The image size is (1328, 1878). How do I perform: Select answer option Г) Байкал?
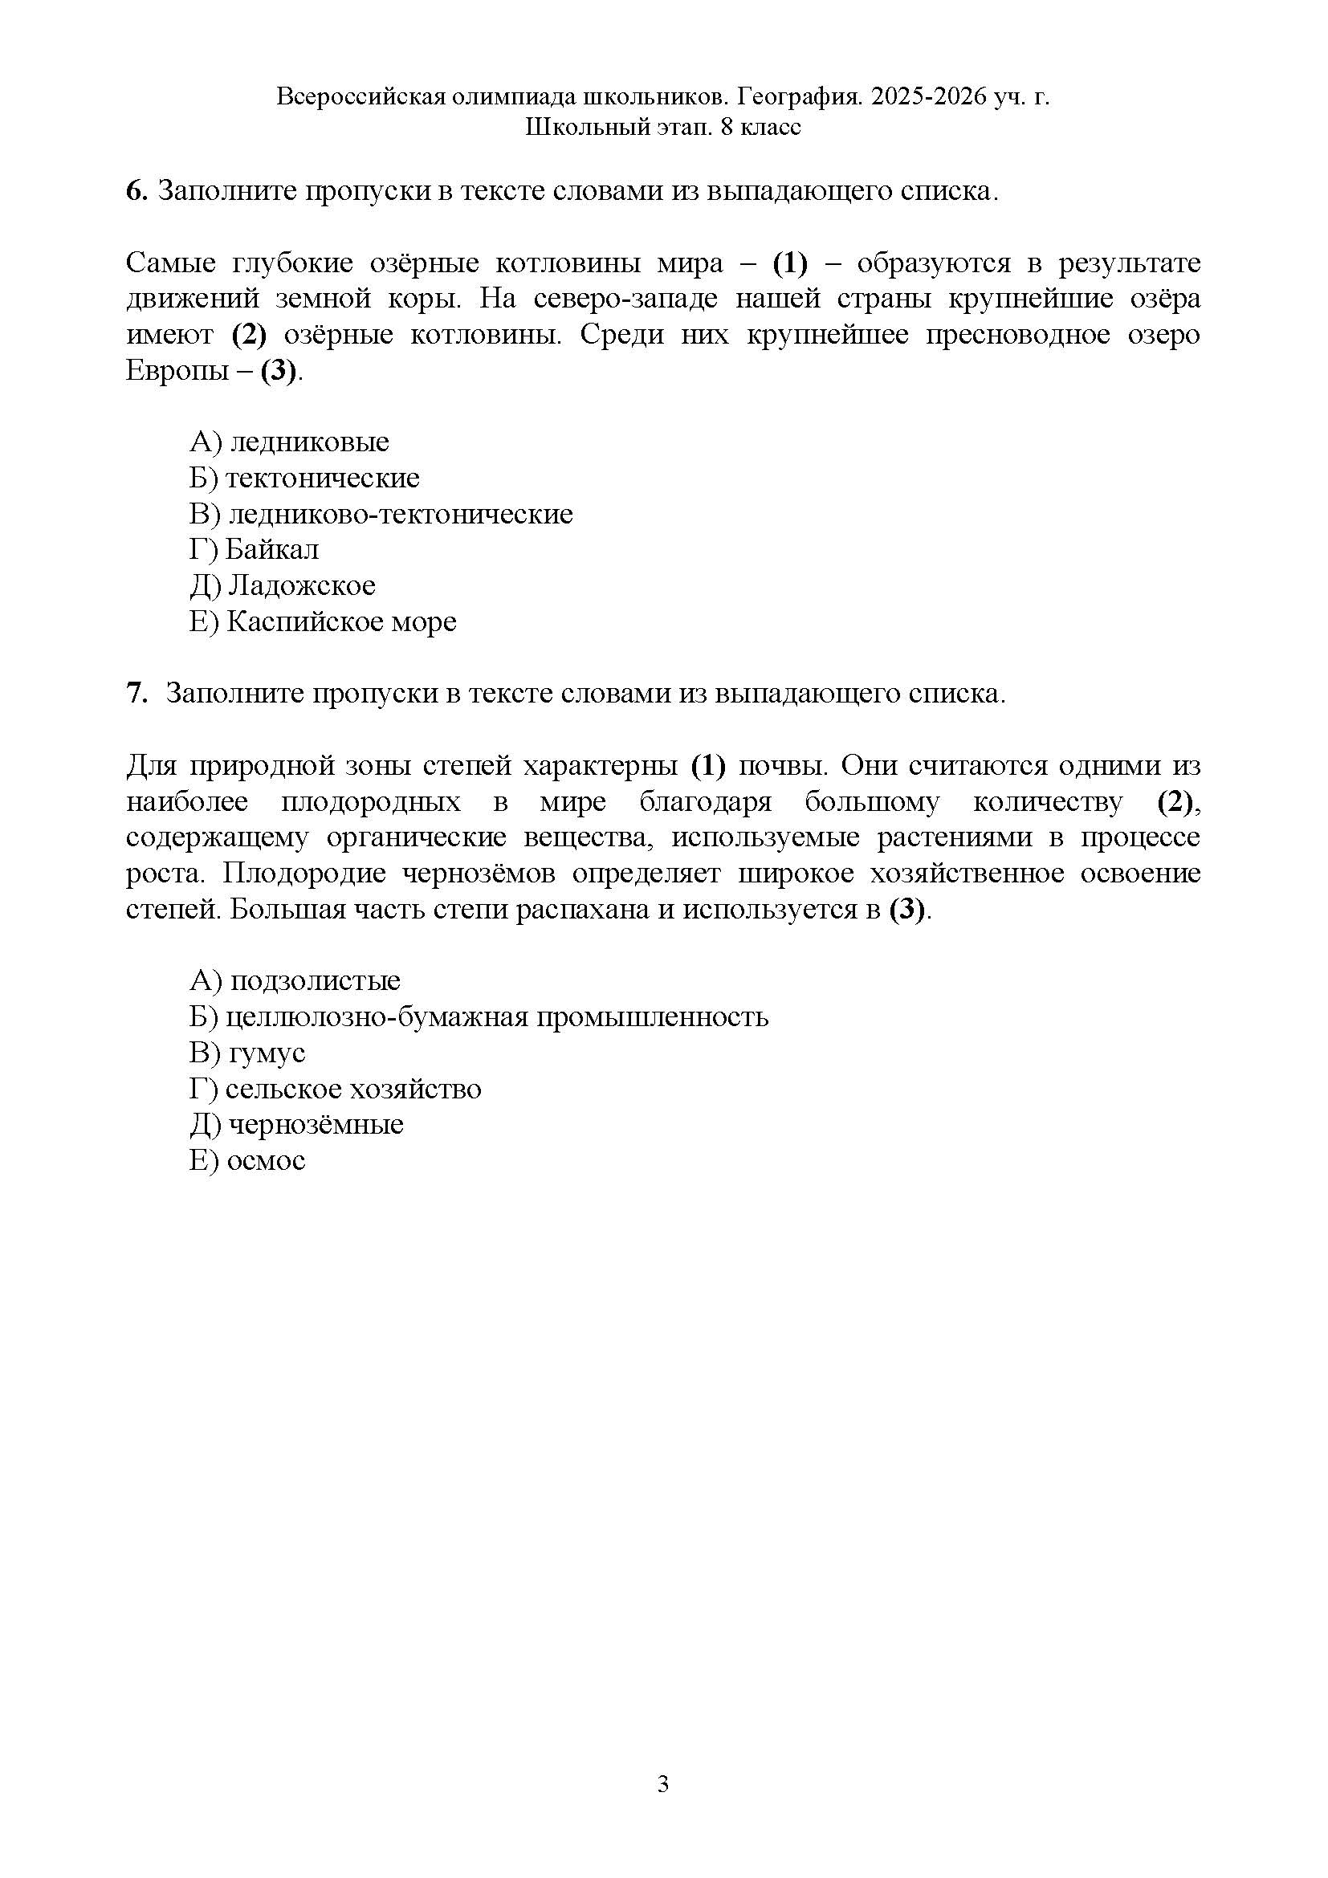[x=255, y=550]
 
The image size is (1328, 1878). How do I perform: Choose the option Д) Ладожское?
[x=282, y=585]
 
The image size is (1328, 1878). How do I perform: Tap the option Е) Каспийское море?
[x=322, y=621]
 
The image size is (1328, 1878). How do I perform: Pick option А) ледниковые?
[x=289, y=442]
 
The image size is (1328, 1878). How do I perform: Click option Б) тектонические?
[x=304, y=478]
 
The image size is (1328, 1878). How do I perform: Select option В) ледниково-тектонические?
[x=381, y=514]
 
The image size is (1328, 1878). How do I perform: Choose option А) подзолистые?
[x=295, y=980]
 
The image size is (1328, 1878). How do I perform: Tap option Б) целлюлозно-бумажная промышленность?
[x=479, y=1016]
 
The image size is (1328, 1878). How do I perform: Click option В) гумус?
[x=247, y=1053]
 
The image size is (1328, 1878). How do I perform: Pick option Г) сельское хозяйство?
[x=336, y=1089]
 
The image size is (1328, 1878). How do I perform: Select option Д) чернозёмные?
[x=296, y=1125]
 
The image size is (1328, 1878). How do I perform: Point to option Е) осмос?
[x=247, y=1161]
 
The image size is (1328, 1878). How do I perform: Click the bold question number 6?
[x=136, y=190]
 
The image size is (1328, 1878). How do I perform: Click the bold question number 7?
[x=136, y=694]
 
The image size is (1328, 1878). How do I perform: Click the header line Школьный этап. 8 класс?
[x=663, y=128]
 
